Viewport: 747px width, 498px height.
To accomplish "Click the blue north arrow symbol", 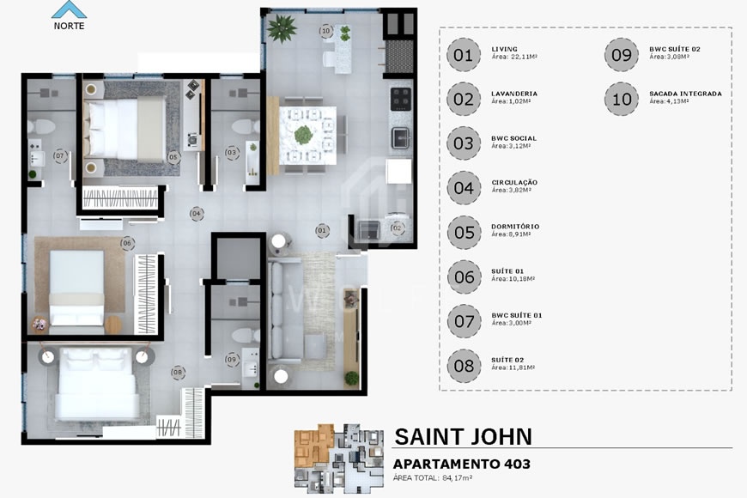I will [69, 9].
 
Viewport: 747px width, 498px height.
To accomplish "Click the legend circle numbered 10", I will [622, 98].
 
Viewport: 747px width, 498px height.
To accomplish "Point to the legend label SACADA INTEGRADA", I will [685, 94].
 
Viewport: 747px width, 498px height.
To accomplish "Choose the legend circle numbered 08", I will [463, 366].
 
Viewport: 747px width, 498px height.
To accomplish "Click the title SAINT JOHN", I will [463, 436].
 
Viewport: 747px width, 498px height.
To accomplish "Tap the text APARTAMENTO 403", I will [461, 465].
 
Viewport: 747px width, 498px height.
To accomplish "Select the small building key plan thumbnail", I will [336, 459].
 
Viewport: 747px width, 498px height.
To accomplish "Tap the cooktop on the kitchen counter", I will [402, 99].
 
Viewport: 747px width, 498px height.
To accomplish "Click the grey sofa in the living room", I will [279, 313].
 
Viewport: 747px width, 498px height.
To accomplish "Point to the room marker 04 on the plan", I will [197, 213].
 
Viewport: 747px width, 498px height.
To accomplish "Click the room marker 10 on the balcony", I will [325, 32].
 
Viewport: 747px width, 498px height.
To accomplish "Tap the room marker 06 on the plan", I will [126, 243].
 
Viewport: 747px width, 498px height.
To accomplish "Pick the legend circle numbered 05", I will [463, 232].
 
